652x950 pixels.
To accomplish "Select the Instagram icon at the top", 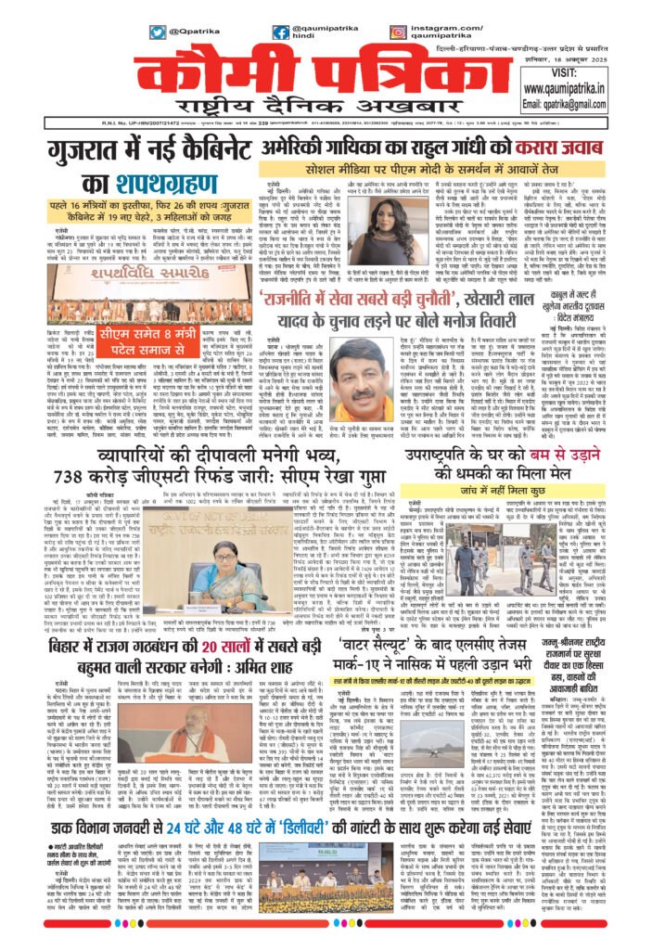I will [x=398, y=31].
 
